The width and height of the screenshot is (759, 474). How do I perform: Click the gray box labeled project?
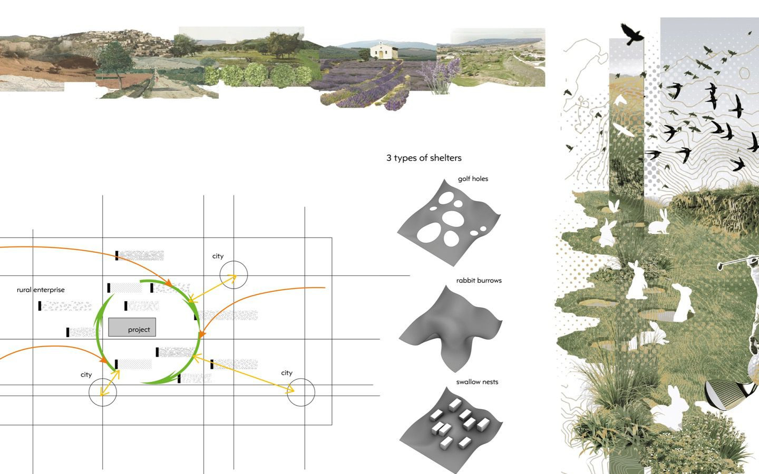[132, 327]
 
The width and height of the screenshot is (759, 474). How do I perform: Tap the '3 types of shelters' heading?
[424, 158]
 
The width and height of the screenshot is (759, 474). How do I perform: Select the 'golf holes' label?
[473, 179]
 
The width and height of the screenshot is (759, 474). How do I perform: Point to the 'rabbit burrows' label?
[479, 280]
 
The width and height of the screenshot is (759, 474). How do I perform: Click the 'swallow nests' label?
[477, 382]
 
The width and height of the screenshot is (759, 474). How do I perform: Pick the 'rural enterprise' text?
[41, 290]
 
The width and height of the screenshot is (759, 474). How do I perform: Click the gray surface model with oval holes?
[449, 223]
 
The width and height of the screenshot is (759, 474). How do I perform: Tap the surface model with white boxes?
[451, 430]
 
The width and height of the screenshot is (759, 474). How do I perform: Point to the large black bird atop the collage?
[631, 34]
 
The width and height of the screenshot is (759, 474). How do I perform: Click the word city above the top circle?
[218, 256]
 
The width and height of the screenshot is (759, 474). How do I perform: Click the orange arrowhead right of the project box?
[202, 334]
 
